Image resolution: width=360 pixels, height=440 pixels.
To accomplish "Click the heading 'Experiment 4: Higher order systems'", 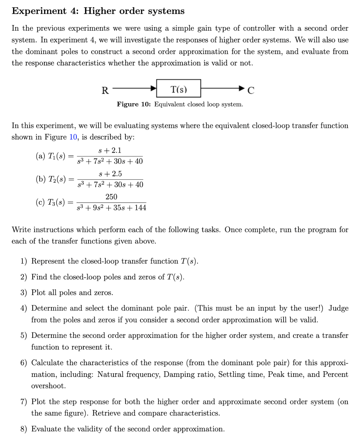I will click(98, 11).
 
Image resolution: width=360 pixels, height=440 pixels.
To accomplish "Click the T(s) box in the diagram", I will click(178, 89).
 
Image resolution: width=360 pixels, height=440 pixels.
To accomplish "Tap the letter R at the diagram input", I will click(105, 90).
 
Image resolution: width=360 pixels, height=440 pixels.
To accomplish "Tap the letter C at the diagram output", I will click(251, 90).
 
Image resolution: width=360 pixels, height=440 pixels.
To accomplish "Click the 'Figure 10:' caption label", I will click(134, 104).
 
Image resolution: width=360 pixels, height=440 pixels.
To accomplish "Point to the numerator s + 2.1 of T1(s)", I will click(110, 151).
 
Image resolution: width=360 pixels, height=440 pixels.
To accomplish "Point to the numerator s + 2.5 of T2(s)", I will click(110, 174).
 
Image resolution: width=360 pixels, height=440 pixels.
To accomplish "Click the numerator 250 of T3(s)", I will click(111, 197).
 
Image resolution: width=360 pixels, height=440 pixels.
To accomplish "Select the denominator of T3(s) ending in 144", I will click(111, 208).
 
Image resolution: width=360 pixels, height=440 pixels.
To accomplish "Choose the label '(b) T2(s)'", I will click(51, 179).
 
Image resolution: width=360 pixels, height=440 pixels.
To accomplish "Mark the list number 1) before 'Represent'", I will click(24, 261).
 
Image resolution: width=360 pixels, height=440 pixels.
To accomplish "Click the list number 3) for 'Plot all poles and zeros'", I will click(24, 293).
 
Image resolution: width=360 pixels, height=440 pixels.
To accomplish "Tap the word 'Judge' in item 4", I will click(338, 308).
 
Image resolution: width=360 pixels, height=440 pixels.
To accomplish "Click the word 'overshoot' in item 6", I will click(48, 386).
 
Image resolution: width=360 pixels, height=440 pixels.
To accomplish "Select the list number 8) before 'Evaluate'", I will click(24, 429).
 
